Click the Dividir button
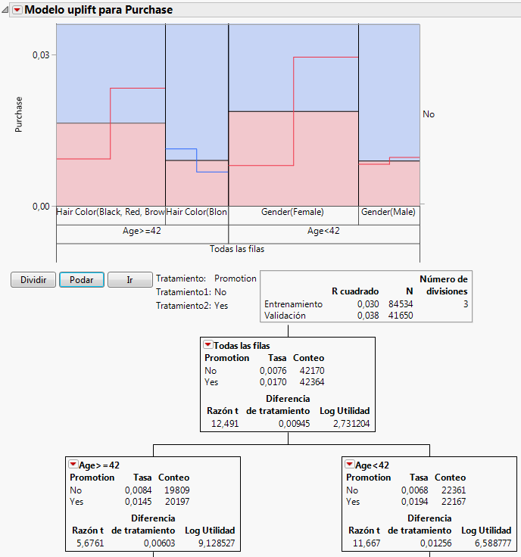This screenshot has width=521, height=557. coord(33,280)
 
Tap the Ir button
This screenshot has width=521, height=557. coord(129,280)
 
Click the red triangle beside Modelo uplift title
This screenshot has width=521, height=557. coord(17,11)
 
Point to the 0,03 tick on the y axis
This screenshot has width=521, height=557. coord(39,55)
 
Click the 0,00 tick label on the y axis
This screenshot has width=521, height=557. coord(39,206)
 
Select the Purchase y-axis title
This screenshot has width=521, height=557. coord(20,114)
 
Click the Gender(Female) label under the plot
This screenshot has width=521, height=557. coord(292,213)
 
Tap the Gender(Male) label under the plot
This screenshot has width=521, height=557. coord(388,213)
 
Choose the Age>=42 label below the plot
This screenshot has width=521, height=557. coord(142,231)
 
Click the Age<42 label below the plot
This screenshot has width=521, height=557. coord(323,231)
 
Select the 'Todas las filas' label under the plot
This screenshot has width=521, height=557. coord(238,248)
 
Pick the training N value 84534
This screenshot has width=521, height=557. coord(407,304)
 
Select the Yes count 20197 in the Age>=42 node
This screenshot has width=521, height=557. coord(173,502)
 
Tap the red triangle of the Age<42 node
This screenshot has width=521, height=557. coord(350,465)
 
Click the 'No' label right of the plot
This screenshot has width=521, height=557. coord(429,114)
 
